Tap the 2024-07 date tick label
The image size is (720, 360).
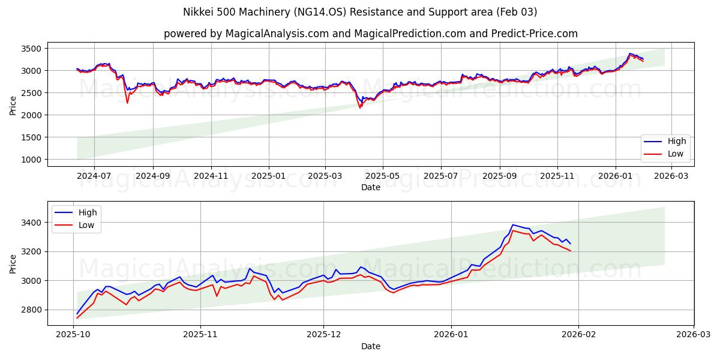94,176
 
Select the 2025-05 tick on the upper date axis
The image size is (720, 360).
383,176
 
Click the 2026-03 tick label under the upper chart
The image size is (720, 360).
671,176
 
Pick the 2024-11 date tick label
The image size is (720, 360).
211,176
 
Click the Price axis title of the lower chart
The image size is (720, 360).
13,263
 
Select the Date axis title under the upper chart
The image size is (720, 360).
370,187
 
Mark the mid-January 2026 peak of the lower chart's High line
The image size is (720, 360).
512,224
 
